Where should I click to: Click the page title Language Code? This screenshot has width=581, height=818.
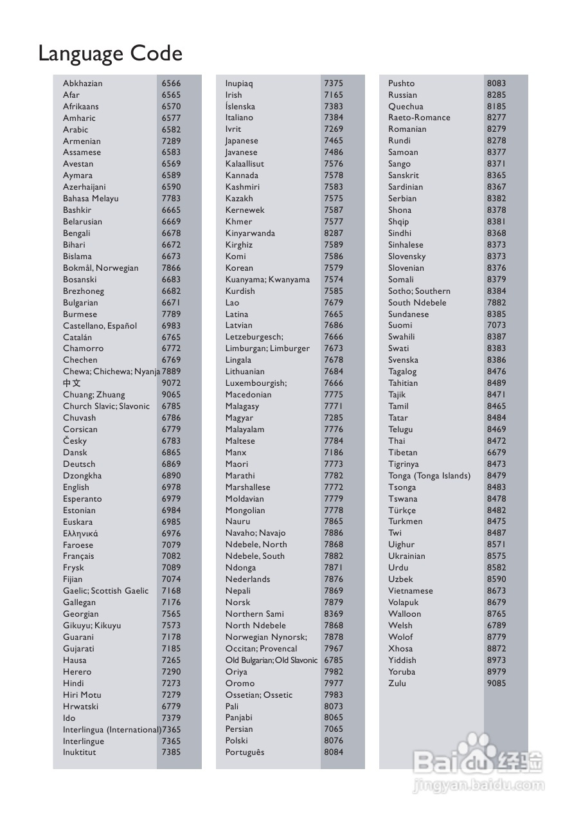110,53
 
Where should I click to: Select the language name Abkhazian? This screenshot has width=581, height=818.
82,83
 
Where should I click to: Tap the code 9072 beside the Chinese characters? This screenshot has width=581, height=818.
171,383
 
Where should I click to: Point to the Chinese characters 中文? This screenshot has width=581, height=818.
72,383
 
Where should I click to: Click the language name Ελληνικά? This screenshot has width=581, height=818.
80,533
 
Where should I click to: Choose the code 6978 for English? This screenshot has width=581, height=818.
171,487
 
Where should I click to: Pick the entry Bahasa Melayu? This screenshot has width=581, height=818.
91,199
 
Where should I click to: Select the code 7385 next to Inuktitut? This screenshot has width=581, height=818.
171,752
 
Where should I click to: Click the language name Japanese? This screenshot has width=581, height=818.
242,141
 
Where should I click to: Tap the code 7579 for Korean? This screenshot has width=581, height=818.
334,268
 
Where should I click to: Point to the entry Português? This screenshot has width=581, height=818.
244,752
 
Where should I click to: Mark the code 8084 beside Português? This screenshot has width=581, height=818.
334,752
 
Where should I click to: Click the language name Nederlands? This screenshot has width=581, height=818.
247,579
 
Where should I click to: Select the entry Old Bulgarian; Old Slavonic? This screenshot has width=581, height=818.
271,660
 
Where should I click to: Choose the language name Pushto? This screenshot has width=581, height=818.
401,83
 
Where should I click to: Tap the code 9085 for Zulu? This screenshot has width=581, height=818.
496,683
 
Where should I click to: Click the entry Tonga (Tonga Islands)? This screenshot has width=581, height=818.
429,475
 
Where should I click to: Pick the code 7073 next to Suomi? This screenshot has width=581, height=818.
496,325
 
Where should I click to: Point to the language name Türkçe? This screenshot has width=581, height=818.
402,510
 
